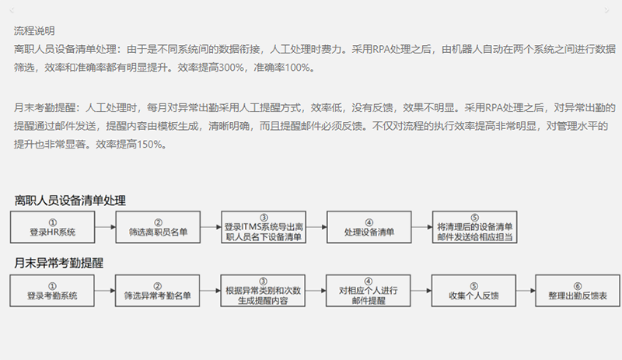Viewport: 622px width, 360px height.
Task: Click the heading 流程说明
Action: [34, 32]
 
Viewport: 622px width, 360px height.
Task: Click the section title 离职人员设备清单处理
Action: [69, 201]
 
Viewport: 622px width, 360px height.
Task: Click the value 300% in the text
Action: [232, 68]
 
